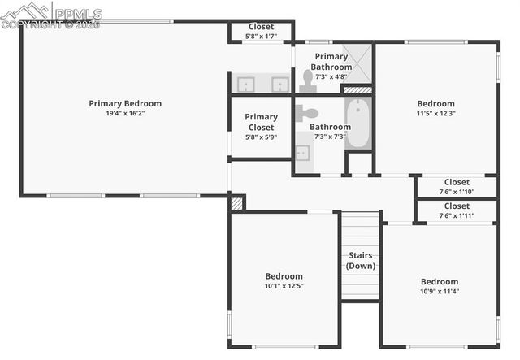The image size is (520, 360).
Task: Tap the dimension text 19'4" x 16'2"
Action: [x=125, y=114]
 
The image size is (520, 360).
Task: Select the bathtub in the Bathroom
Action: [x=357, y=123]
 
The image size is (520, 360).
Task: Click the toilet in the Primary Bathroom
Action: [x=307, y=80]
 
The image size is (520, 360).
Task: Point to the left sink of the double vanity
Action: [x=245, y=84]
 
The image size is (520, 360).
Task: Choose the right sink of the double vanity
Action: [x=279, y=84]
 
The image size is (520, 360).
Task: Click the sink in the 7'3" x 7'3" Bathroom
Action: [x=302, y=153]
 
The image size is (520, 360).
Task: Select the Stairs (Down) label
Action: [x=360, y=260]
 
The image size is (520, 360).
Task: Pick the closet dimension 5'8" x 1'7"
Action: [x=261, y=37]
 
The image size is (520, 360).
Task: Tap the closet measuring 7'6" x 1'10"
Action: [x=456, y=187]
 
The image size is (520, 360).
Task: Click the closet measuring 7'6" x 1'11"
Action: [x=456, y=211]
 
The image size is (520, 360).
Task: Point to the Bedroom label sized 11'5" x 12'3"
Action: [x=435, y=103]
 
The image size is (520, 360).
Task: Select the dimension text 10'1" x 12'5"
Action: [x=284, y=285]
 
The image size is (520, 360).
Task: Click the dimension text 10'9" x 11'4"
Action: [x=440, y=292]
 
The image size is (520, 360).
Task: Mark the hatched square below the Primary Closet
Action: [x=236, y=203]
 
